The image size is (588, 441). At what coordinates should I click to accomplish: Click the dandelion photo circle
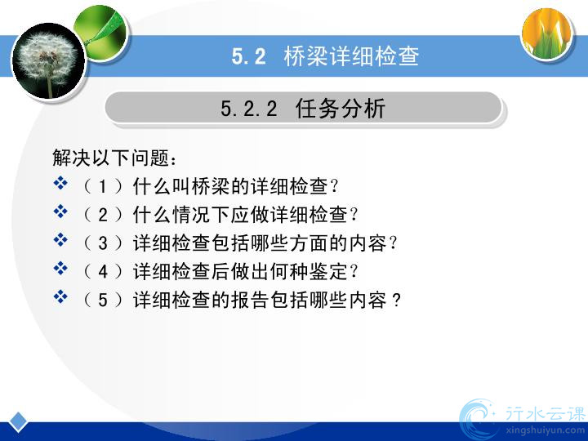tap(49, 60)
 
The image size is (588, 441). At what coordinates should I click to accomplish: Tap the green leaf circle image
tap(101, 33)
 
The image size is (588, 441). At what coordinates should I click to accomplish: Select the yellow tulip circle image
tap(546, 33)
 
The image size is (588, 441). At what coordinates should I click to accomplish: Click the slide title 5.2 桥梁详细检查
tap(325, 56)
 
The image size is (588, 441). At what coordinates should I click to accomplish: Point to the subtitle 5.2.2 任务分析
tap(303, 109)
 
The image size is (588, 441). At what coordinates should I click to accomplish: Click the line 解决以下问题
tap(114, 158)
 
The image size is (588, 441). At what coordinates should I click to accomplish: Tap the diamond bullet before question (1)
tap(60, 183)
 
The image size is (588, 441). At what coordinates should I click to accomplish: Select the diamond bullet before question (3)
tap(60, 240)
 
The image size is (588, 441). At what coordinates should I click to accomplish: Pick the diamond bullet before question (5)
tap(60, 297)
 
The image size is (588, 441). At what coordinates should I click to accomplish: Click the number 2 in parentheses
tap(103, 215)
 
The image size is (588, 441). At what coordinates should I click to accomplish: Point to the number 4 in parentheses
tap(103, 272)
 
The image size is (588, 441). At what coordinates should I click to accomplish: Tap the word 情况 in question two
tap(192, 215)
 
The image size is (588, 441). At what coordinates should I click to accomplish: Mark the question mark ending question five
tap(396, 300)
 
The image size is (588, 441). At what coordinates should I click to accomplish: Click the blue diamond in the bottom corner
tap(18, 421)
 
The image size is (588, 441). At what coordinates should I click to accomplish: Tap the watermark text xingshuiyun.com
tap(546, 430)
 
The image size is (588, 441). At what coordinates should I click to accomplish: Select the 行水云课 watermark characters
tap(546, 413)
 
